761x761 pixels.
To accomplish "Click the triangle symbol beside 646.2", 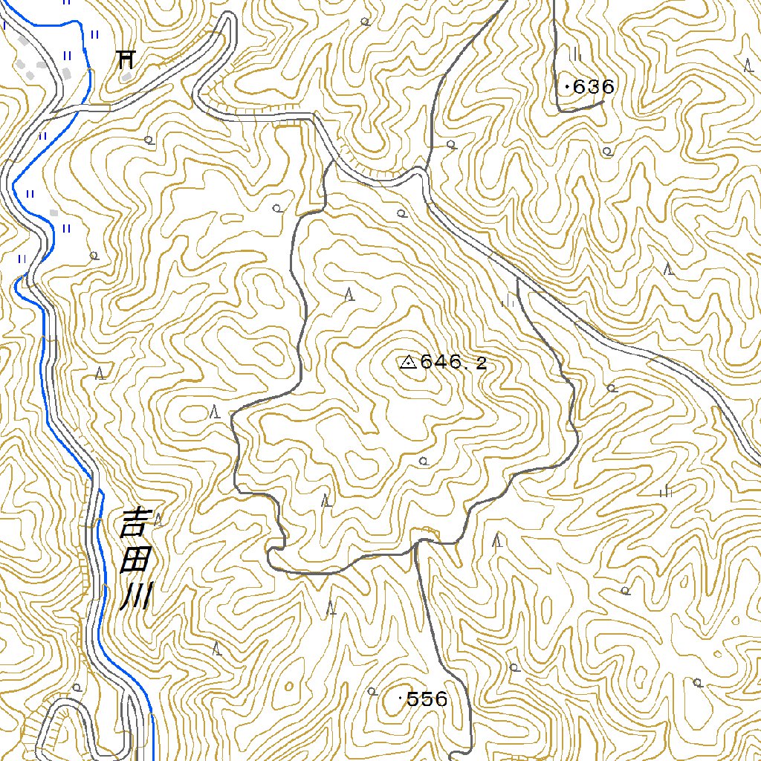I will tap(407, 363).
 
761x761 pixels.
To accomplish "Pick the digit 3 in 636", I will tap(594, 87).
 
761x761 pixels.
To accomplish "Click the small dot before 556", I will tap(402, 699).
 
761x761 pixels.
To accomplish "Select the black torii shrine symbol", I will tap(126, 58).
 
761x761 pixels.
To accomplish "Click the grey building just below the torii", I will tap(127, 75).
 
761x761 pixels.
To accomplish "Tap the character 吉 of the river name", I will tap(135, 523).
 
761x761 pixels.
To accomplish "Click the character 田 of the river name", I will tap(135, 560).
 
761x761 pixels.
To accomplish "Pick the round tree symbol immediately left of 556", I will tap(372, 692).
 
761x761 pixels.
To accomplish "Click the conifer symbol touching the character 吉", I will tap(157, 518).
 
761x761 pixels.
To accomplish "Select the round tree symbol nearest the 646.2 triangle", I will tap(424, 461).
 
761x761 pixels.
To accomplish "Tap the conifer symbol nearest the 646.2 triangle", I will tap(349, 294).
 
